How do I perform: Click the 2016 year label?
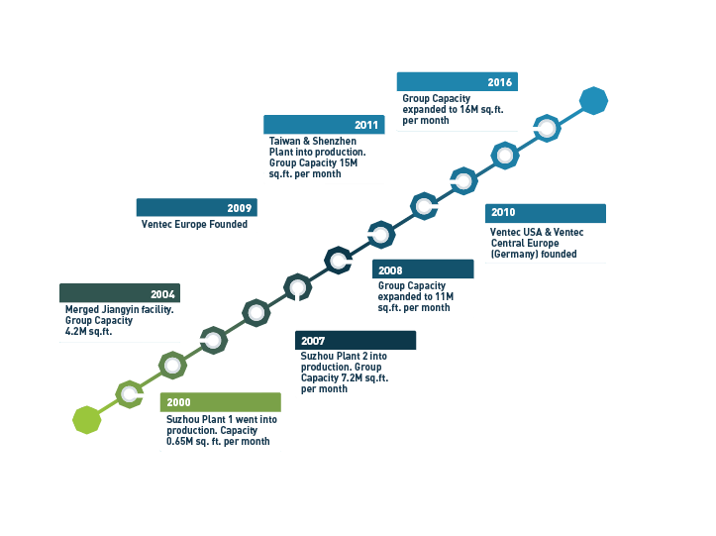pos(499,82)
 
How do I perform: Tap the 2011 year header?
pos(366,126)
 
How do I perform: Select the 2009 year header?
pos(239,208)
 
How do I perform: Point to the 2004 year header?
pos(162,294)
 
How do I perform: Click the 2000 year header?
pos(179,402)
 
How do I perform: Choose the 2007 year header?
pos(313,341)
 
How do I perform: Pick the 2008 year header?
pos(390,269)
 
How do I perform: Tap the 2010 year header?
pos(503,213)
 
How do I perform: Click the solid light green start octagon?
pos(87,420)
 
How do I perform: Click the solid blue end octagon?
pos(593,100)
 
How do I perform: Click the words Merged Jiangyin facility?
pos(119,309)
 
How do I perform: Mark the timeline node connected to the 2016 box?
pos(547,127)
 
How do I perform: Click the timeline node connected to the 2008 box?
pos(339,261)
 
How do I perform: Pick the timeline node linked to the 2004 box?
pos(213,340)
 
